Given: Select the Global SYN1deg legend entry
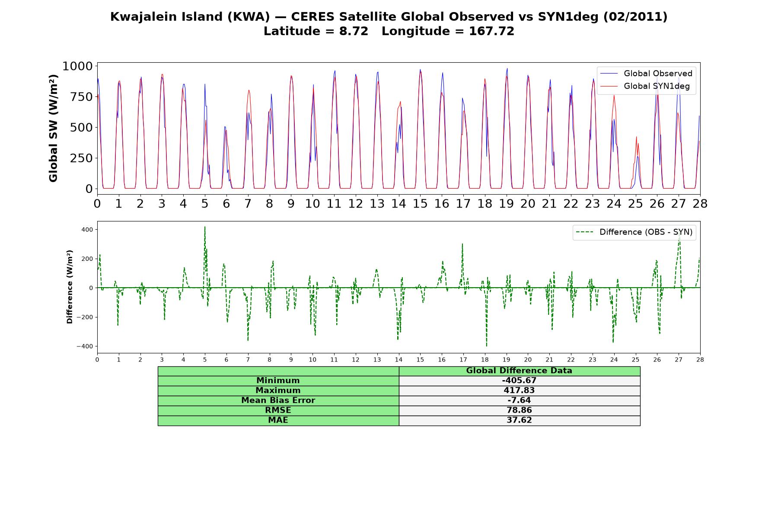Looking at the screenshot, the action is tap(645, 86).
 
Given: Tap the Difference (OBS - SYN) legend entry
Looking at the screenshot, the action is tap(635, 232).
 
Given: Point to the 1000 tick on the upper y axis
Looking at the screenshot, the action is tap(78, 66).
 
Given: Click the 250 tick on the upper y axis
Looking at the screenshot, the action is tap(82, 158).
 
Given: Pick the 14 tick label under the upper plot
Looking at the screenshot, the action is tap(399, 203).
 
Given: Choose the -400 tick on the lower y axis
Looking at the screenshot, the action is tap(85, 346).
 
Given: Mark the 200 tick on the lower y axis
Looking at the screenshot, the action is tap(87, 259).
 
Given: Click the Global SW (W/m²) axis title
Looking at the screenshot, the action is tap(53, 128).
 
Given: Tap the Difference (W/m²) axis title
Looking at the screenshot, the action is tap(70, 287).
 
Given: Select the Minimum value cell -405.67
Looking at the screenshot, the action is tap(519, 381).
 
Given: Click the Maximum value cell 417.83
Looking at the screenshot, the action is tap(519, 391).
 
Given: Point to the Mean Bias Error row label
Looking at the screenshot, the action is tap(278, 400).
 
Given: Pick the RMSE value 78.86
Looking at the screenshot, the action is tap(519, 410).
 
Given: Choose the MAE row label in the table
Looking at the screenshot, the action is tap(278, 420).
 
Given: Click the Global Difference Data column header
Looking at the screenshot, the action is tap(519, 371).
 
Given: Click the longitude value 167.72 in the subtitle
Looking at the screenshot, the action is tap(491, 32).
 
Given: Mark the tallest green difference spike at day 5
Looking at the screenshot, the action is tap(205, 227).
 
